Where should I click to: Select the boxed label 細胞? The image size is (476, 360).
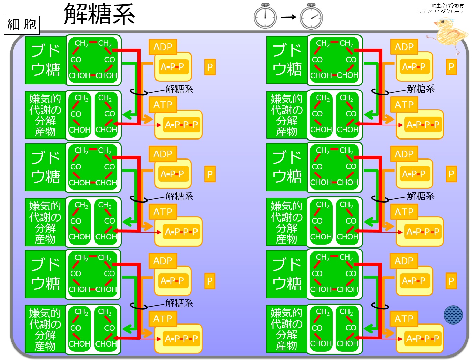pos(22,25)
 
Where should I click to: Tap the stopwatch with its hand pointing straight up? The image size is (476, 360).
pos(265,16)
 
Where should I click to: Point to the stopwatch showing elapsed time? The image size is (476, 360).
pos(311,16)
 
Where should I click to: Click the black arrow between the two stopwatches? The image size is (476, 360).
pos(288,17)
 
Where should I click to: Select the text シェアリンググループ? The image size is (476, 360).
pos(440,11)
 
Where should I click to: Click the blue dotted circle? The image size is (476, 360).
pos(453,315)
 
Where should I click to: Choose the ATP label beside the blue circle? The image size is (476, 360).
pos(404,319)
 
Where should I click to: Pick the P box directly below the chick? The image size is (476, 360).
pos(451,67)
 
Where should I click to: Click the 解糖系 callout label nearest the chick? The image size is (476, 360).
pos(421,89)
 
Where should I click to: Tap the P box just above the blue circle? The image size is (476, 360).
pos(451,281)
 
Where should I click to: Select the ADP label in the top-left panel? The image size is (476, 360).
pos(163,47)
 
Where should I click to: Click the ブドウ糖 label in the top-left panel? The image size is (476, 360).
pos(45,60)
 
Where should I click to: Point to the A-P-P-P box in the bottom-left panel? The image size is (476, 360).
pos(181,339)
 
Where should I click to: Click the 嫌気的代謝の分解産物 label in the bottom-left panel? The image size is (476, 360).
pos(45,329)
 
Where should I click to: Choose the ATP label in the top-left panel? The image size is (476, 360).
pos(163,105)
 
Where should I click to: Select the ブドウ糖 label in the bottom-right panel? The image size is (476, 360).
pos(287,274)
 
